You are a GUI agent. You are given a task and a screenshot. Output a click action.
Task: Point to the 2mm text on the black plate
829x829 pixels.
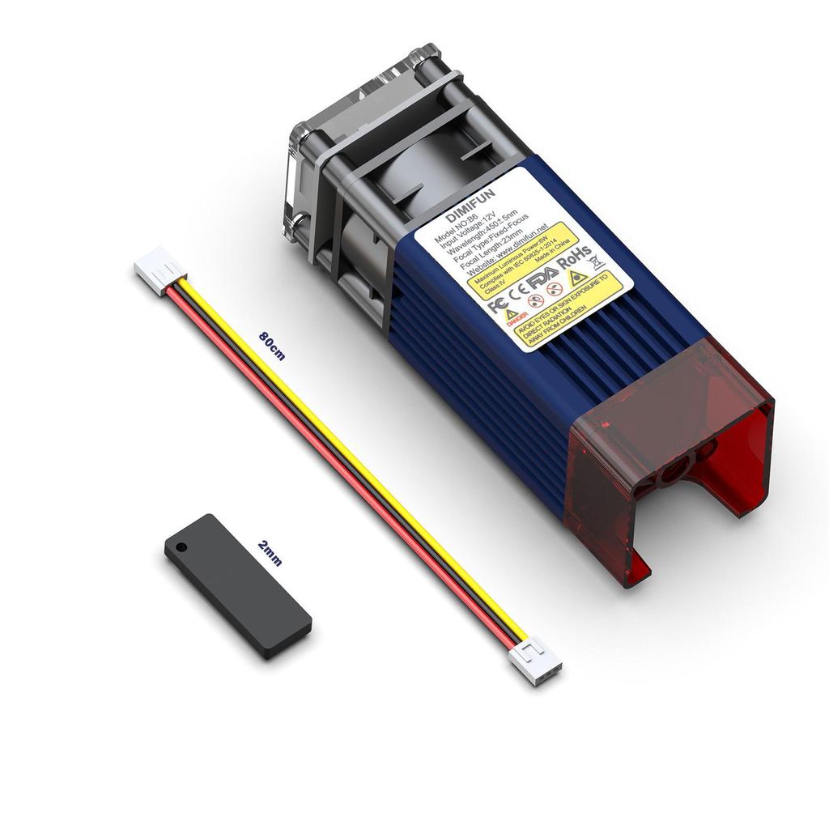click(x=270, y=553)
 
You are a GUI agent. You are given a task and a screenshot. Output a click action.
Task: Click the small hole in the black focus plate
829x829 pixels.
click(x=180, y=546)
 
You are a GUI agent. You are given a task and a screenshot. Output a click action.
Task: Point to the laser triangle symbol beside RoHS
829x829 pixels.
click(x=578, y=278)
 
